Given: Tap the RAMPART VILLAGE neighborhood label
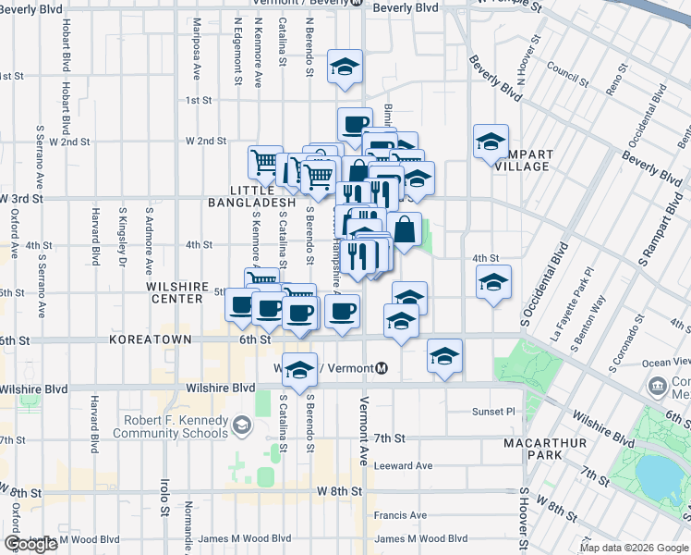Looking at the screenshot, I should tap(523, 160).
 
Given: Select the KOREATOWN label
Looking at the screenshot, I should tap(150, 340).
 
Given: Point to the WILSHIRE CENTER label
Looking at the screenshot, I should tap(175, 292).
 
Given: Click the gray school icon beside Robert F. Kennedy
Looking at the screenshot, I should tap(242, 426).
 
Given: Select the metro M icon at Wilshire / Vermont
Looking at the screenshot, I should tap(381, 368).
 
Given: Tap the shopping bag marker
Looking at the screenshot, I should tap(404, 228).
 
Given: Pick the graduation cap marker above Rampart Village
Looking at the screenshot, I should tap(491, 142).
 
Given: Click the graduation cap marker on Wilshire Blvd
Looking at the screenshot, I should tap(299, 370).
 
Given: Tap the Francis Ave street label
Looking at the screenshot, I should tap(400, 515).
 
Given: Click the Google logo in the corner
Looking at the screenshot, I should tap(30, 544).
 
